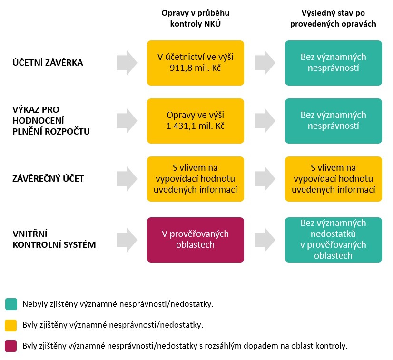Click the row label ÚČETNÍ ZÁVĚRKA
click(x=48, y=63)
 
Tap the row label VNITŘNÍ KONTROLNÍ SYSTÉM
click(x=54, y=239)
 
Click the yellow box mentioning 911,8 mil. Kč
click(x=196, y=63)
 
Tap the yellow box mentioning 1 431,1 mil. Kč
click(x=196, y=121)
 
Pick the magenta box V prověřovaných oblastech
click(x=196, y=240)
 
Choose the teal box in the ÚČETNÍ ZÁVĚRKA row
click(x=333, y=63)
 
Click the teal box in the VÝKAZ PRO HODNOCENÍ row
click(x=333, y=121)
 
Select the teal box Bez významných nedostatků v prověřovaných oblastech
click(x=333, y=240)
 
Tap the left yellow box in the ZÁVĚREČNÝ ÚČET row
click(x=196, y=179)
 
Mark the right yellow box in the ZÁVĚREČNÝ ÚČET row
click(x=333, y=179)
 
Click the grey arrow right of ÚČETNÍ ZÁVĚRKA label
click(x=127, y=63)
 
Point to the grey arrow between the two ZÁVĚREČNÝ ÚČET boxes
click(x=265, y=179)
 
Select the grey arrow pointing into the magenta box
click(x=127, y=240)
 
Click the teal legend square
click(x=11, y=304)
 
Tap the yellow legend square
click(x=11, y=325)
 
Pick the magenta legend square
click(x=11, y=346)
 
